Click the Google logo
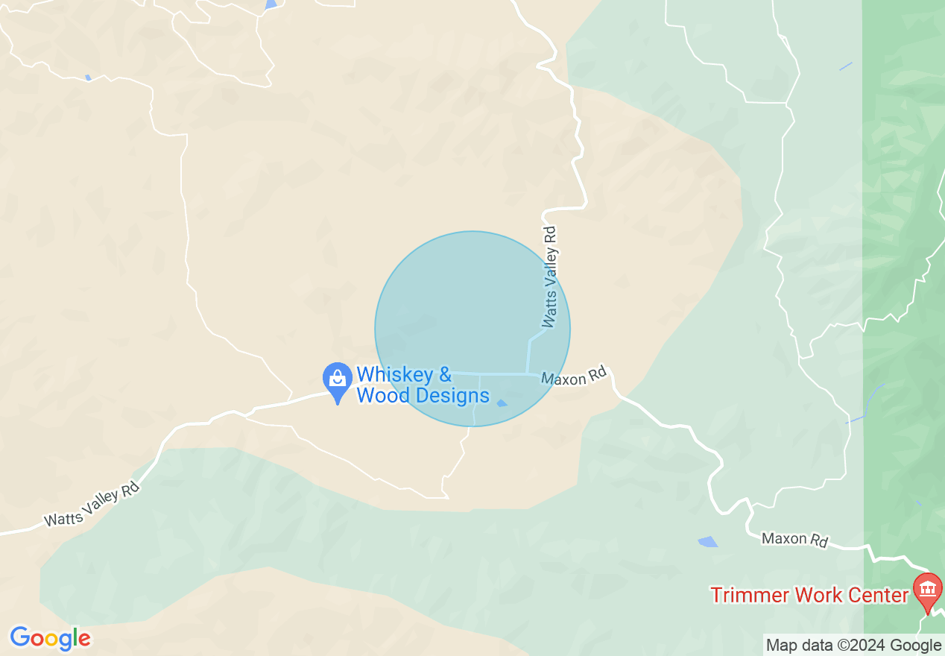click(50, 638)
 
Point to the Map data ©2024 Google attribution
click(854, 646)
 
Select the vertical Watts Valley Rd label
click(550, 277)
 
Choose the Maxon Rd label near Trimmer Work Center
click(794, 539)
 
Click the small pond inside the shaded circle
click(502, 403)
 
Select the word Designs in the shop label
click(452, 395)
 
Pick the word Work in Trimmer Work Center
click(817, 595)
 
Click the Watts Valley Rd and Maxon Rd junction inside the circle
click(527, 373)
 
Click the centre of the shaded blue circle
click(472, 329)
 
